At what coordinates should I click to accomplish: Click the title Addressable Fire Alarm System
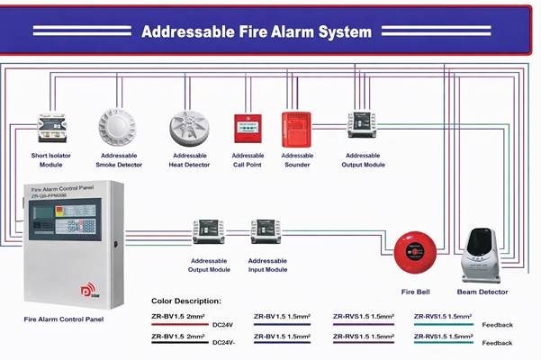[x=257, y=32]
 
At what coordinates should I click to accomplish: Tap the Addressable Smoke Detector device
[x=118, y=127]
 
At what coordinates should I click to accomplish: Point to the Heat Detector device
[x=189, y=128]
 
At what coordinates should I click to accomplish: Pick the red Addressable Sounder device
[x=296, y=127]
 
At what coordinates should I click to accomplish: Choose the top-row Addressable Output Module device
[x=362, y=125]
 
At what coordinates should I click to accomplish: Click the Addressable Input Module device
[x=266, y=231]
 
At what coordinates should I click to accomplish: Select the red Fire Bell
[x=415, y=253]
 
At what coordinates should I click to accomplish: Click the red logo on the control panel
[x=89, y=292]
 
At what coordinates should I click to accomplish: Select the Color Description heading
[x=185, y=301]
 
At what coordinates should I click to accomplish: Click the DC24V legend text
[x=223, y=325]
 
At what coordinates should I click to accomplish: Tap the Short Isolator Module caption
[x=51, y=160]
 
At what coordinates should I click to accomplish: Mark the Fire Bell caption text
[x=415, y=292]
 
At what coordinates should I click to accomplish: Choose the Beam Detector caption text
[x=482, y=292]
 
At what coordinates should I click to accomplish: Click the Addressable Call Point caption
[x=248, y=160]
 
